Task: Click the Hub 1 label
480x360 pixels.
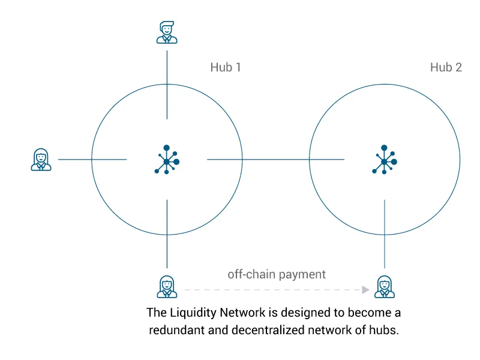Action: [226, 67]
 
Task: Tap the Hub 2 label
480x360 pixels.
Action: [446, 67]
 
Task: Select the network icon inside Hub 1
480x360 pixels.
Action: [167, 160]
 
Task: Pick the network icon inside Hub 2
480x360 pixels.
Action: [385, 160]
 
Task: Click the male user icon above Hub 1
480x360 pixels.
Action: [167, 32]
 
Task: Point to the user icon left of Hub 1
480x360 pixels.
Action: [41, 160]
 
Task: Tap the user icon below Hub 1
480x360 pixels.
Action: [167, 287]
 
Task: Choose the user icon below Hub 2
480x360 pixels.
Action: [385, 287]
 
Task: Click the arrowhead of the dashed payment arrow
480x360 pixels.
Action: [365, 290]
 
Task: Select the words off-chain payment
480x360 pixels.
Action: [277, 274]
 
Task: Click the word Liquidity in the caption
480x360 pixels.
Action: [193, 313]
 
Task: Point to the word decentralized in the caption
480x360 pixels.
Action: [268, 330]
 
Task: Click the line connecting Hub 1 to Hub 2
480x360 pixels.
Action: [276, 160]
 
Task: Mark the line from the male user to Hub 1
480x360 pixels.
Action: [167, 85]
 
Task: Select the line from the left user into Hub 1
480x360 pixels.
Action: [92, 160]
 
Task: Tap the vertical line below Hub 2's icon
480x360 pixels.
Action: [385, 234]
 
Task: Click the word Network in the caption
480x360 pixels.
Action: [242, 313]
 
